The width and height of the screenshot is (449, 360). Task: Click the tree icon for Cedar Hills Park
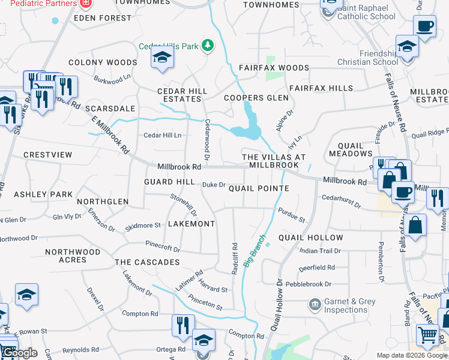pos(208,46)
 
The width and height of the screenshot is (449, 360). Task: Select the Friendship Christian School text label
pos(372,58)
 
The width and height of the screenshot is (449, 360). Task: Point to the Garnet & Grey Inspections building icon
pos(315,305)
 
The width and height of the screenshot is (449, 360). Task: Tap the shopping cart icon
pos(427,335)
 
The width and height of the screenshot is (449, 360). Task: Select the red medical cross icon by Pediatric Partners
pos(86,3)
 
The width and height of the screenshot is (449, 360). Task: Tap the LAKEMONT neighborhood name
pos(191,224)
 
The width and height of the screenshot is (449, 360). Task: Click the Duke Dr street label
pos(213,185)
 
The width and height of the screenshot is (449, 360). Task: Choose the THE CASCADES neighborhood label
pos(147,262)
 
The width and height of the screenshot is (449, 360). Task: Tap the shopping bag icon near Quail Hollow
pos(414,226)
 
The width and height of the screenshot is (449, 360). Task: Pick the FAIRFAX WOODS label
pos(274,68)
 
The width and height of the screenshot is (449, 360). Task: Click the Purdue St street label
pos(292,214)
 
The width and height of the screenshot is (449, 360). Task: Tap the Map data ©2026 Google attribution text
pos(411,355)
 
